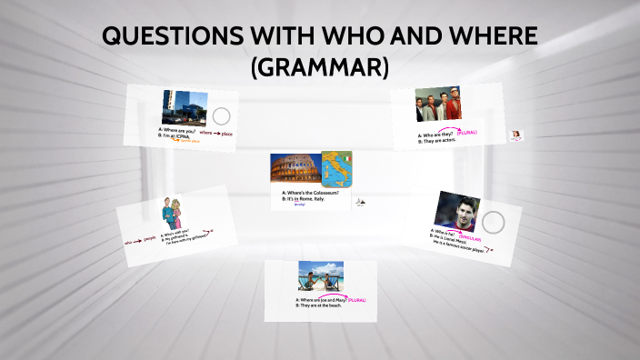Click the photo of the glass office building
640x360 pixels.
pyautogui.click(x=185, y=106)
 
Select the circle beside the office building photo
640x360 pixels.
pyautogui.click(x=221, y=116)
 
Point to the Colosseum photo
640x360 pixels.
pyautogui.click(x=294, y=169)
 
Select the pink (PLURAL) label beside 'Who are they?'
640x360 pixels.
pyautogui.click(x=467, y=133)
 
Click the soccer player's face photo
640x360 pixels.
pyautogui.click(x=456, y=212)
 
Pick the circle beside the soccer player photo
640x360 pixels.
pyautogui.click(x=493, y=221)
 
